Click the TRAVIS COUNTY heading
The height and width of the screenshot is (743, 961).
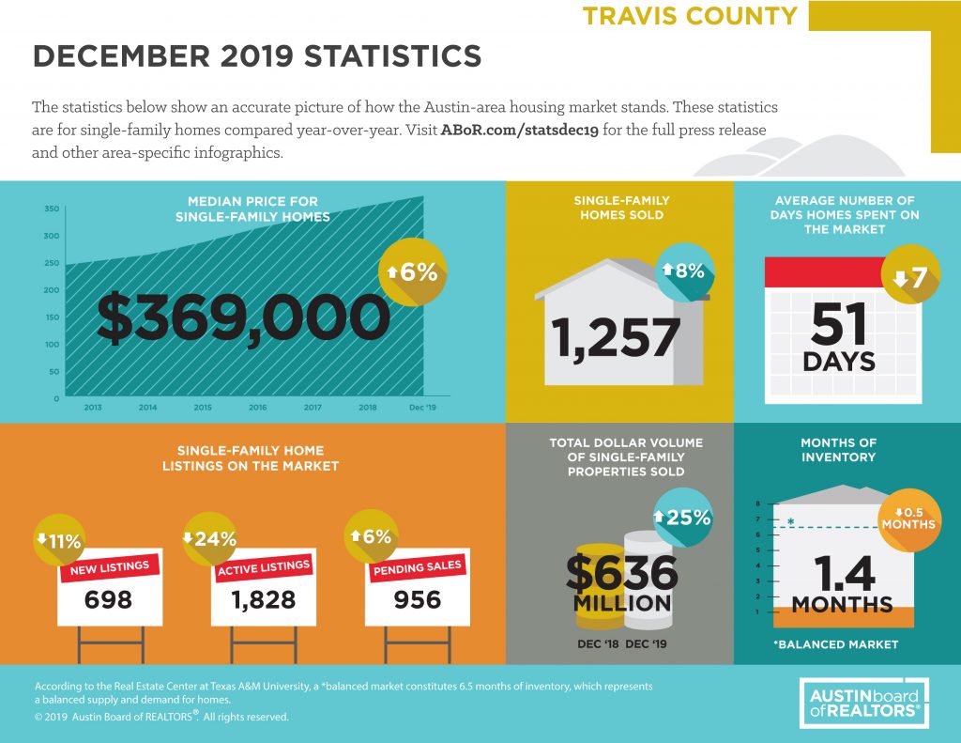point(690,15)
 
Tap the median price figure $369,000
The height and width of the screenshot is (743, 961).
point(244,317)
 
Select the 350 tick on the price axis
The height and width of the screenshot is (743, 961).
point(53,209)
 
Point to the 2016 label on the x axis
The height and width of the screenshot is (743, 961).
point(257,408)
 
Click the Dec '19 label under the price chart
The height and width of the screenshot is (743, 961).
point(422,408)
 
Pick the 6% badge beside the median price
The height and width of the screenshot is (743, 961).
point(412,271)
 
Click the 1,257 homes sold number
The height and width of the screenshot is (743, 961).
point(616,337)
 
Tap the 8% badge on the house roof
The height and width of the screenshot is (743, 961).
point(684,271)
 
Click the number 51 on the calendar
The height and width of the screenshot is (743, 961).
point(838,324)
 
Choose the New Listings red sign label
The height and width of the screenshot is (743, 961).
point(110,567)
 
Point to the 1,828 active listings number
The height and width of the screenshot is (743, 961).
point(264,599)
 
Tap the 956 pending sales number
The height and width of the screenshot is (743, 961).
point(418,599)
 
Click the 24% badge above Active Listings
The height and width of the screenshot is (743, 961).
point(209,538)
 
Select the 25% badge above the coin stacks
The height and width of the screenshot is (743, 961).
point(683,518)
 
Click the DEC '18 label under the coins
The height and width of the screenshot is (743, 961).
point(598,644)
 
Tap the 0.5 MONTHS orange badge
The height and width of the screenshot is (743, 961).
point(908,519)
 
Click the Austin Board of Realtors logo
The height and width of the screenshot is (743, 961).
point(864,704)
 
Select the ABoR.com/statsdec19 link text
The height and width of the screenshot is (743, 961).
point(519,130)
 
